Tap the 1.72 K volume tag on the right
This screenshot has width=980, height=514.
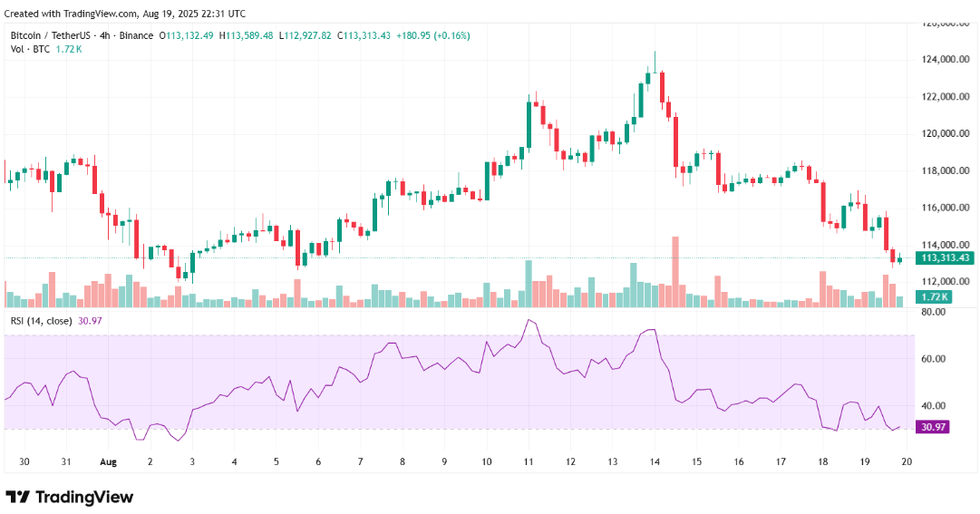934,297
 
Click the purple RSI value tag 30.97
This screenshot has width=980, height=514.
934,427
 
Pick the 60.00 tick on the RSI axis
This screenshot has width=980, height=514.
934,359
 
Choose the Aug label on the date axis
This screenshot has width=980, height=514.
109,461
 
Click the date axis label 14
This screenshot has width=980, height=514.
655,461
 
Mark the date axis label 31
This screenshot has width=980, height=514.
66,461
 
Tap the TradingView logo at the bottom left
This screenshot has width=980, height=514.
70,497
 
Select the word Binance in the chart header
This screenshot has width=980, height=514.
137,35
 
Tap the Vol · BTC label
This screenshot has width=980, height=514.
29,49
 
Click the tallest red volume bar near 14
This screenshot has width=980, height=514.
675,272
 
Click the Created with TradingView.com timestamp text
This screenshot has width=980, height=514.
124,14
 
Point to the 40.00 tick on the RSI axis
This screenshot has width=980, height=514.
934,405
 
